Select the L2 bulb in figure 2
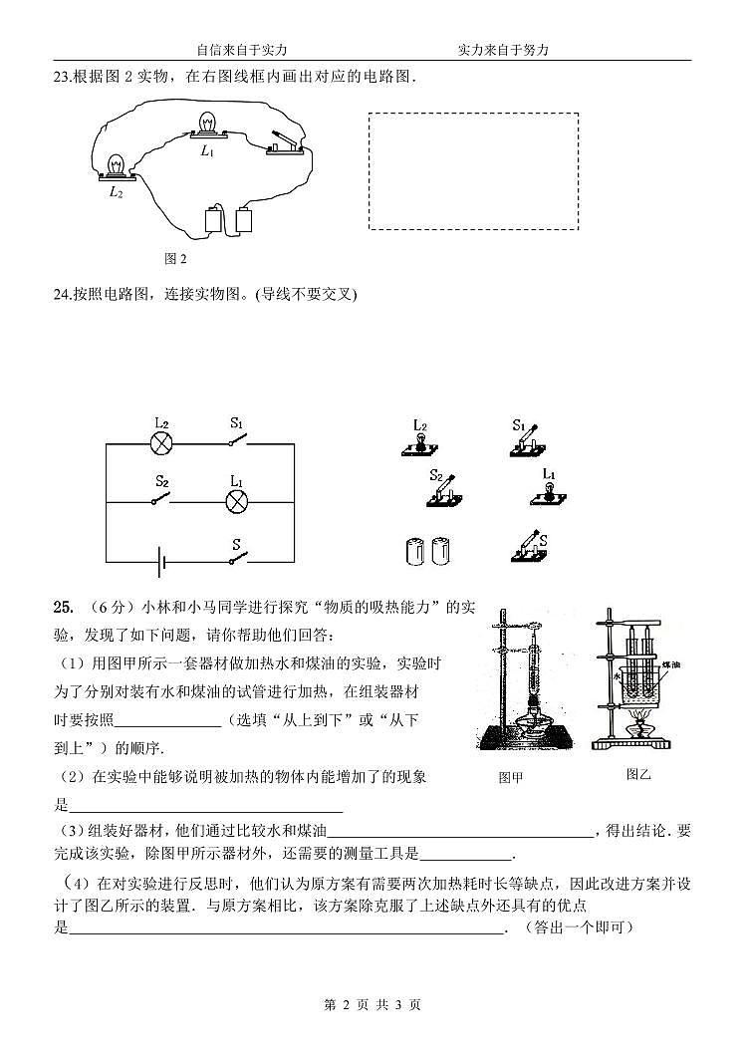click(x=117, y=166)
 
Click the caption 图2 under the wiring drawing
click(x=175, y=258)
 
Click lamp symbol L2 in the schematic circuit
click(x=160, y=444)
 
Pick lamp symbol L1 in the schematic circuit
click(x=237, y=501)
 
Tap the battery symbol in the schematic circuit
click(x=159, y=562)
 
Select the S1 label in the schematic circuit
click(x=236, y=422)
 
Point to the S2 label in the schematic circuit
click(x=161, y=481)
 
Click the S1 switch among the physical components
click(x=527, y=439)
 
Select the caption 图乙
click(x=638, y=773)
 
